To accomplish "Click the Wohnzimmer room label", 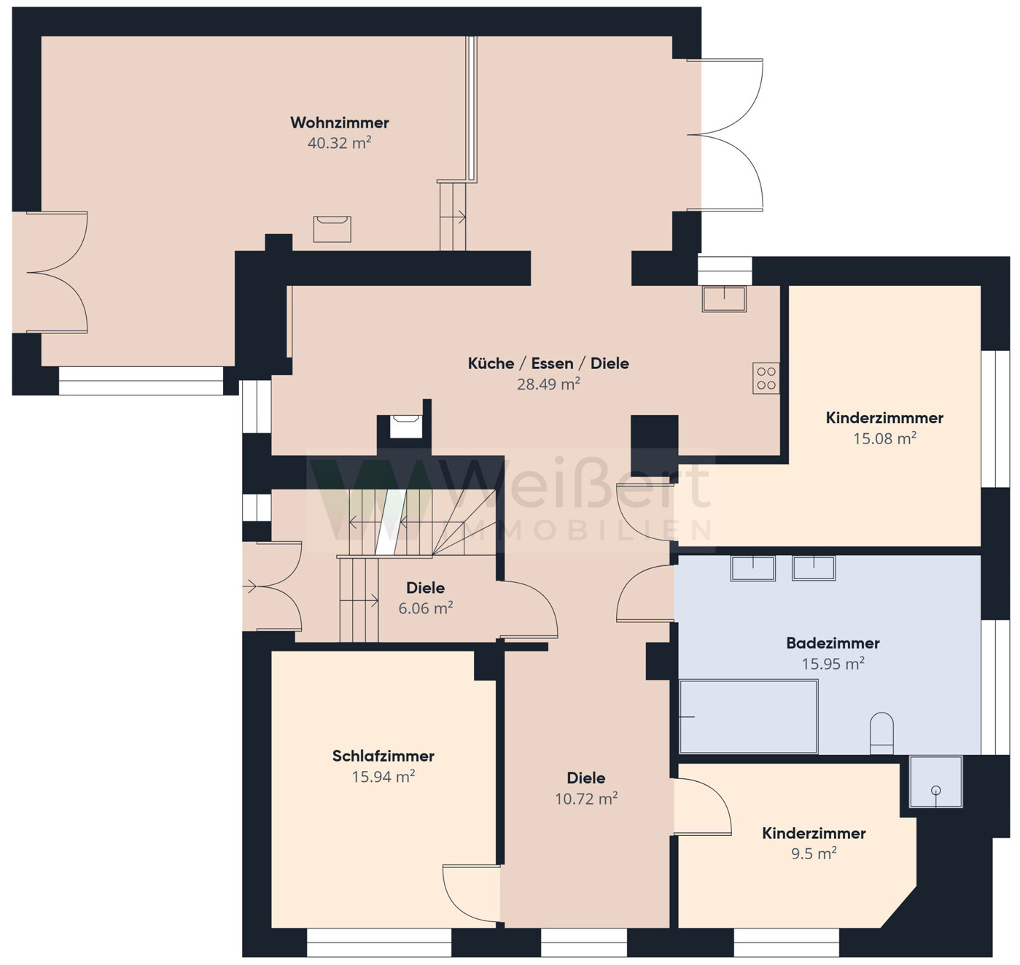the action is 339,123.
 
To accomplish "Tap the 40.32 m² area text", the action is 339,142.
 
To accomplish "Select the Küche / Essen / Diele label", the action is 548,363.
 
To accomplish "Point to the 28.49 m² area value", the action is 548,384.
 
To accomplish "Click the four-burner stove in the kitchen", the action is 766,378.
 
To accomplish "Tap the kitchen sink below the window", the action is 724,298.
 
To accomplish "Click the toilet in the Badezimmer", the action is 881,732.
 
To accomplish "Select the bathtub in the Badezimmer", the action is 748,716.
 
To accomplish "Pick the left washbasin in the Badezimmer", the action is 753,568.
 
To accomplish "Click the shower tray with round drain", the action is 936,781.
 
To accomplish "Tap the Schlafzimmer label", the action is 383,756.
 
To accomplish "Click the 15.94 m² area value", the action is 383,776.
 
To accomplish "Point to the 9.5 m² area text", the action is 814,853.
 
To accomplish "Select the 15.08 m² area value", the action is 884,438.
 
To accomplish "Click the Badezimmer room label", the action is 833,643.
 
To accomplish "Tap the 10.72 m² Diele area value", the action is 586,799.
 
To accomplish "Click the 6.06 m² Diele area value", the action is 426,608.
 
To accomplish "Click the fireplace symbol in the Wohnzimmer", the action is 332,229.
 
